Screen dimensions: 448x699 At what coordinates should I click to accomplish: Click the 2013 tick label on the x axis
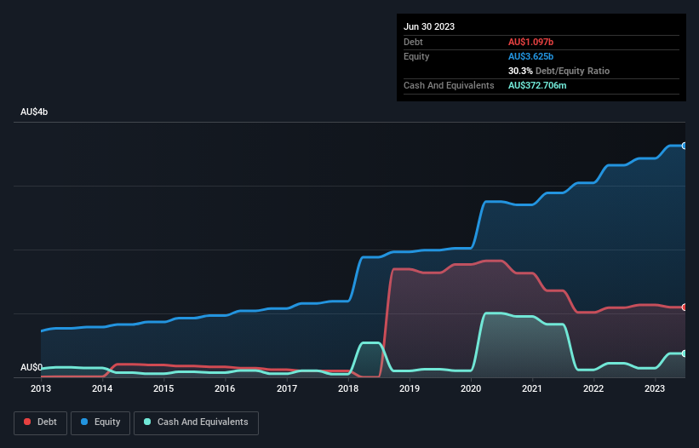coord(41,388)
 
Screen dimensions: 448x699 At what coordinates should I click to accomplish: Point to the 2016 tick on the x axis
coord(225,388)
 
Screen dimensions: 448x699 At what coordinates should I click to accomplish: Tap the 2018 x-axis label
coord(347,388)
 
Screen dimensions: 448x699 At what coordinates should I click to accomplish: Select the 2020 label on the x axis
coord(471,388)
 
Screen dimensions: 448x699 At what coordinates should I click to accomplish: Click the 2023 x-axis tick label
coord(655,388)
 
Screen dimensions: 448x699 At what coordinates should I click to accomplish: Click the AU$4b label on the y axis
coord(34,112)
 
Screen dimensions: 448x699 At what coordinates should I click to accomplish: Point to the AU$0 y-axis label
coord(32,367)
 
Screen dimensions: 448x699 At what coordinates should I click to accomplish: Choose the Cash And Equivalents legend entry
coord(196,422)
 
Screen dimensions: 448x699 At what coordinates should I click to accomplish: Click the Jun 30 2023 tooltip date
coord(429,26)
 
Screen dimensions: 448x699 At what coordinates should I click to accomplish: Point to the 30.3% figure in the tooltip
coord(520,71)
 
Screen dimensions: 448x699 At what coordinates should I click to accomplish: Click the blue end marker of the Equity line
coord(685,146)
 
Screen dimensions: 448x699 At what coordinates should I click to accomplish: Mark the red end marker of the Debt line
coord(685,307)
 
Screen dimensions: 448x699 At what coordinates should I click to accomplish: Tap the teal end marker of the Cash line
coord(685,353)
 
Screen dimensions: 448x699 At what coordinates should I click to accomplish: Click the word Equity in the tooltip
coord(416,56)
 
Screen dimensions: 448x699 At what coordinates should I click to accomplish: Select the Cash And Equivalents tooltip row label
coord(449,86)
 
